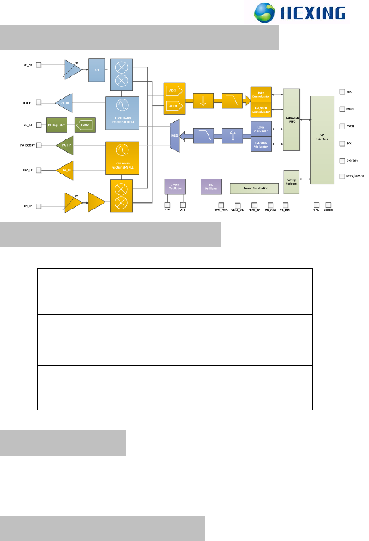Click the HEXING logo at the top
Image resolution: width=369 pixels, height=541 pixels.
[x=301, y=13]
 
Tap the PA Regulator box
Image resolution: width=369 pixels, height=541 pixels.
[x=57, y=124]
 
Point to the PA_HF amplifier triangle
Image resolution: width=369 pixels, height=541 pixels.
[x=65, y=102]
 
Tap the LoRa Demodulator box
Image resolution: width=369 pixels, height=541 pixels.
[x=261, y=94]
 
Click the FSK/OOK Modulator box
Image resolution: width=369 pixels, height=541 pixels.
[x=261, y=144]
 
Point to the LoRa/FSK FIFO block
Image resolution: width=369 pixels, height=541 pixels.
[x=292, y=120]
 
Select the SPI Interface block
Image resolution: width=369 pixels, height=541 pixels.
[x=324, y=139]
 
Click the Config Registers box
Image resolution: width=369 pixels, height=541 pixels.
[x=291, y=182]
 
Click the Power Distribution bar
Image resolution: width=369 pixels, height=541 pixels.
[x=255, y=188]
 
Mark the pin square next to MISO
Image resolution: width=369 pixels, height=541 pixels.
[x=342, y=109]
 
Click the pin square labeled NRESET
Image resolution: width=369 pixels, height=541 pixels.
[x=328, y=205]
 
